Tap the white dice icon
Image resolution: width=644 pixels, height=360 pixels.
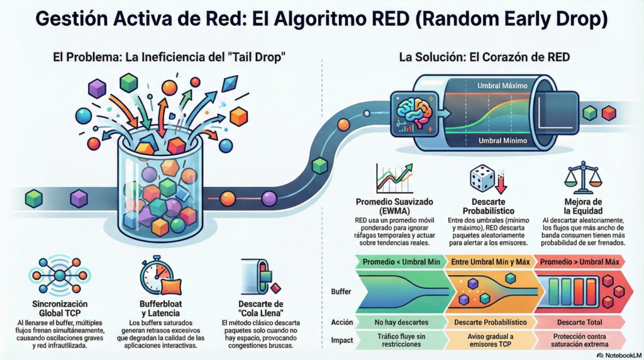pos(483,179)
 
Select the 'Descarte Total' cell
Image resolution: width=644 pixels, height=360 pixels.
pos(578,322)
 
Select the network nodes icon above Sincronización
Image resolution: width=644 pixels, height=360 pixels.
pos(60,276)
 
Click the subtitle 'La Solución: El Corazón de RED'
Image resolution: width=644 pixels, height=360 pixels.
pos(484,57)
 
